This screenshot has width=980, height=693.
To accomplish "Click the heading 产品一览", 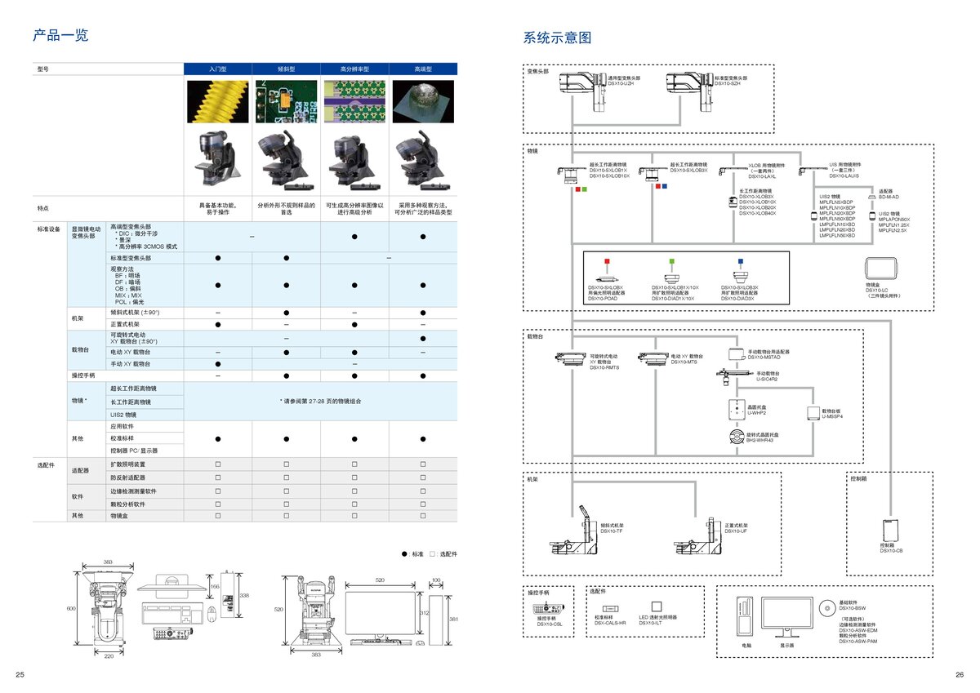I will (x=60, y=35).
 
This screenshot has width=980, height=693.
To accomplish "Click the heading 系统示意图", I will (x=557, y=38).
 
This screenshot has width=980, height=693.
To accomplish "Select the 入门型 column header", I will (x=218, y=69).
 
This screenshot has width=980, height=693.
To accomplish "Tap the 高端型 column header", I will (x=423, y=69).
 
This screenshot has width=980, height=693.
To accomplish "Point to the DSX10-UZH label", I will (x=624, y=83).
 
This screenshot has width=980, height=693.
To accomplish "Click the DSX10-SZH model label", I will (x=730, y=83).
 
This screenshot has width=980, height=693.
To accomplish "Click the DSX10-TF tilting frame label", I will (x=612, y=531).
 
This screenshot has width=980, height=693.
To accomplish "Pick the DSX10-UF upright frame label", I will (x=735, y=531).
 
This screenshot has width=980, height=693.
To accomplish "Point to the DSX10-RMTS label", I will (x=604, y=368).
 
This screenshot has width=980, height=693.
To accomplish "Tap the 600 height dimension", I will (x=71, y=608).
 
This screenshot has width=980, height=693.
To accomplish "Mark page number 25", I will (x=20, y=674).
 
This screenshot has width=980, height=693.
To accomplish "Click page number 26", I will (x=960, y=674).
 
